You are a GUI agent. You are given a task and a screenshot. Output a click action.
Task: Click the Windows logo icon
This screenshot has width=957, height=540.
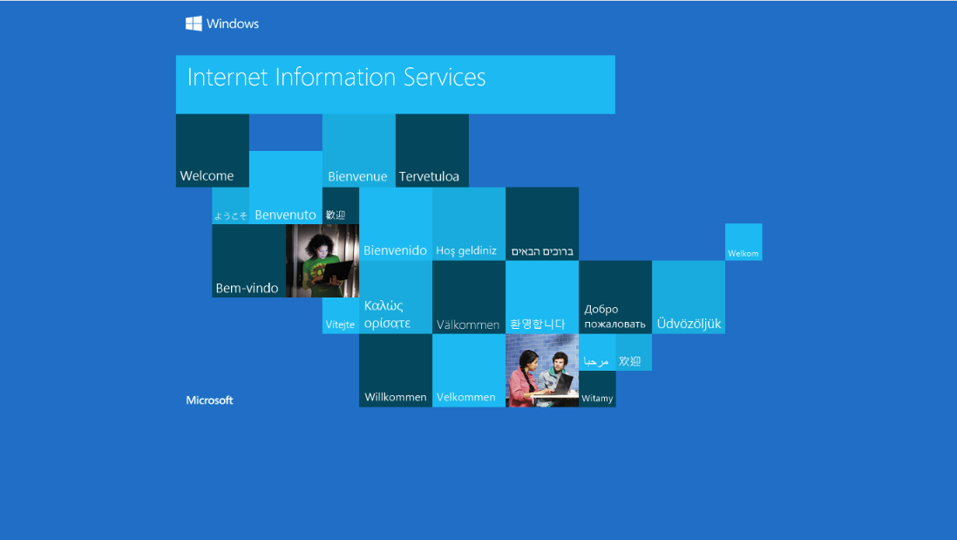coord(193,24)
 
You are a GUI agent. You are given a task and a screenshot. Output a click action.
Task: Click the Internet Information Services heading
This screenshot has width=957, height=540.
coord(336,77)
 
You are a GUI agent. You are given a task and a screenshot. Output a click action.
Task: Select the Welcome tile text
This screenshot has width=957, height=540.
coord(207,176)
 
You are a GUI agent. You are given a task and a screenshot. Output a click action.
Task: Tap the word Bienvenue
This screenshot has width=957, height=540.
coord(357,177)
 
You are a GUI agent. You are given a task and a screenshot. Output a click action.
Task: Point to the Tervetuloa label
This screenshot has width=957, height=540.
coord(429,177)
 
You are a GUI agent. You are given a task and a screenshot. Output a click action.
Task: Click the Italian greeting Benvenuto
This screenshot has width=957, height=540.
coord(285,215)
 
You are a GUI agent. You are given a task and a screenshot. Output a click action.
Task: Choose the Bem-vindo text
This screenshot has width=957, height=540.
coord(247,288)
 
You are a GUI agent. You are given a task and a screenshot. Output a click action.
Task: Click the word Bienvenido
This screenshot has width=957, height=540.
coord(395,251)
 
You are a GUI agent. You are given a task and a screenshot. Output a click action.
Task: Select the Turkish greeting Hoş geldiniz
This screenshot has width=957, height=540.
coord(466,251)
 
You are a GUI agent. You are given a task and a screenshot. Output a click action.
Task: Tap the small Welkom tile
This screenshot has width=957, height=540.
coord(743,254)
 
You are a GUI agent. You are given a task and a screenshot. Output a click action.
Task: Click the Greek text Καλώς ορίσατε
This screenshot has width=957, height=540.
coord(387,314)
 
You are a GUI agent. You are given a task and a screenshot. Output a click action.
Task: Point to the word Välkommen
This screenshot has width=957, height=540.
coord(468,325)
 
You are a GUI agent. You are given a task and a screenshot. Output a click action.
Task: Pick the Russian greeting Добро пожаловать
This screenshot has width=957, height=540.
coord(614,317)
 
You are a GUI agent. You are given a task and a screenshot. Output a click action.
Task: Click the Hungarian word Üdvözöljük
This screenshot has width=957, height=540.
coord(689,324)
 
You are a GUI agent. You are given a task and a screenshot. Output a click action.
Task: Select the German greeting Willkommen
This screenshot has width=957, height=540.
coord(396,397)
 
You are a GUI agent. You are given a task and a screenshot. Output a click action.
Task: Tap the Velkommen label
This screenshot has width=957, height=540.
coord(465,397)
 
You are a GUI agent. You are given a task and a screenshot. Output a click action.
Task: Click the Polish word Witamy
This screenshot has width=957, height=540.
coord(597,399)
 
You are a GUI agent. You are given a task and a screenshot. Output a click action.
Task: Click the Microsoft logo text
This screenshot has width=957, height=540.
coord(209,400)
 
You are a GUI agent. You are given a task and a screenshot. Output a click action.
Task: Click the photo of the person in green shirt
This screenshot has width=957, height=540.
coord(322,261)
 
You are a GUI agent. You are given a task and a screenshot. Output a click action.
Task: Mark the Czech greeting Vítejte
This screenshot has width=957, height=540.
coord(340,325)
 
